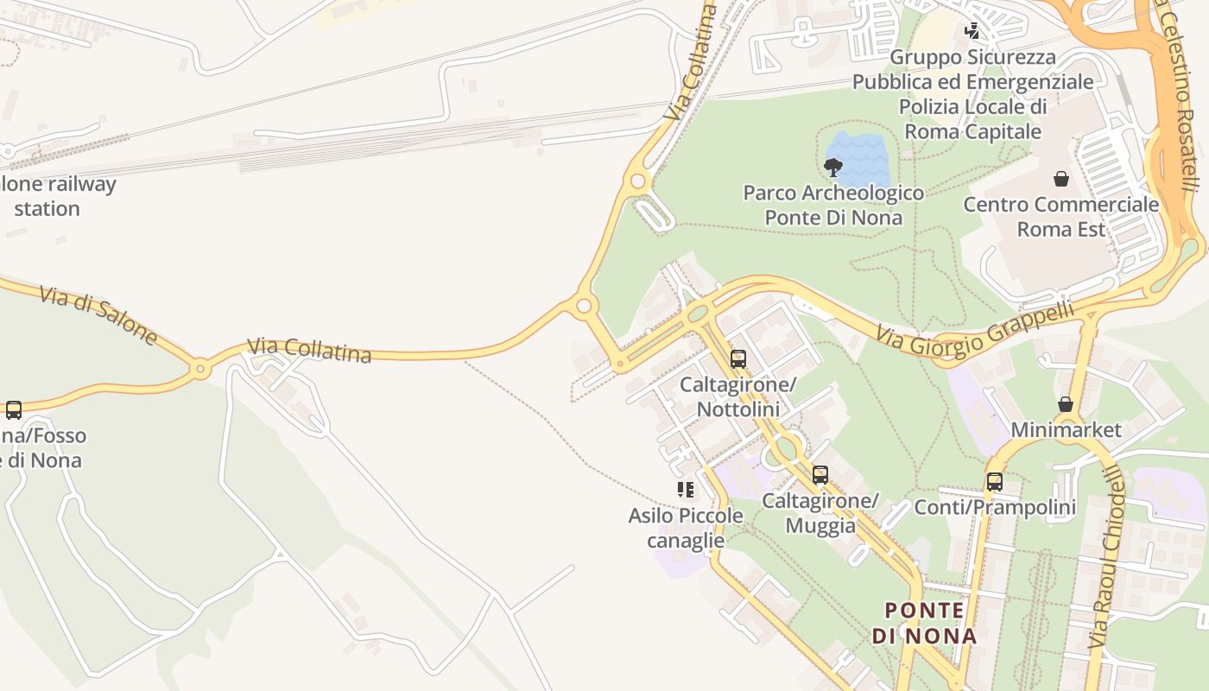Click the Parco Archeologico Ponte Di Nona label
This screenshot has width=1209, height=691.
pos(833,205)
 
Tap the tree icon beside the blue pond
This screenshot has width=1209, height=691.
pos(833,167)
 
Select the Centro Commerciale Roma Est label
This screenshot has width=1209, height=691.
pos(1060,217)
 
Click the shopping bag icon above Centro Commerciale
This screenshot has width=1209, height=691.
pos(1060,179)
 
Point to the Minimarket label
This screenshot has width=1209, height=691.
pos(1066,429)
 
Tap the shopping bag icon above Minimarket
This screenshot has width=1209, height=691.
pos(1066,404)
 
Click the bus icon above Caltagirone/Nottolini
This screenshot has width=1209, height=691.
pos(738,359)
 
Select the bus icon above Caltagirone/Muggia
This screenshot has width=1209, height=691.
pos(820,474)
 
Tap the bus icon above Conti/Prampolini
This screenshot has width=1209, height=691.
pos(995,482)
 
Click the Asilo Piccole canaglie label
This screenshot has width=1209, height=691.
pos(686,528)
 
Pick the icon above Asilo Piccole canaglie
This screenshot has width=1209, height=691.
pos(686,490)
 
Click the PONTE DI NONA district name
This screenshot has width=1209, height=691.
pos(924,623)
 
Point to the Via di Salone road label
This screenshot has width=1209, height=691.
pos(99,315)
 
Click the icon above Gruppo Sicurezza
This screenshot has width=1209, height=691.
pos(972,32)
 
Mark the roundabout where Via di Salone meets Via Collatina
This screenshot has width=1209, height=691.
pos(200,369)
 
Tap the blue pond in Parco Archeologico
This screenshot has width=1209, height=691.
pos(859,151)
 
